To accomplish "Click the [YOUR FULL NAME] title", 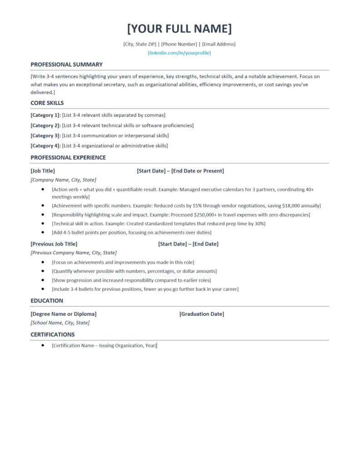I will tap(180, 29).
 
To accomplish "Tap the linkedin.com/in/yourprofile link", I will tap(180, 53).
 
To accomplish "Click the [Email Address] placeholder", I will tap(219, 44).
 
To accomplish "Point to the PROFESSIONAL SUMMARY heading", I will tap(66, 64).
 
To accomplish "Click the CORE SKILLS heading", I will tap(47, 103).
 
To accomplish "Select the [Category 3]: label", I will tap(45, 136).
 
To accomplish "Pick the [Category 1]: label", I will tap(45, 115).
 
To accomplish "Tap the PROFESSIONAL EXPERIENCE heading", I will tap(68, 158).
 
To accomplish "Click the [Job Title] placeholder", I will tap(43, 171).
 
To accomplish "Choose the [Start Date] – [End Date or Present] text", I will tap(180, 171).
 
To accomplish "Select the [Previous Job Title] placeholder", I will tap(54, 244).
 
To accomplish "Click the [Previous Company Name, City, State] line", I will tap(74, 252).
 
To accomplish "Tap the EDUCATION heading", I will tap(47, 301).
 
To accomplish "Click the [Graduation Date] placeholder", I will tap(201, 314).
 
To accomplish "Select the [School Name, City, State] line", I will tap(60, 323).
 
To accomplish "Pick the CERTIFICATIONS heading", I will tap(53, 335).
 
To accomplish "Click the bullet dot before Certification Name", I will tap(43, 346).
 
